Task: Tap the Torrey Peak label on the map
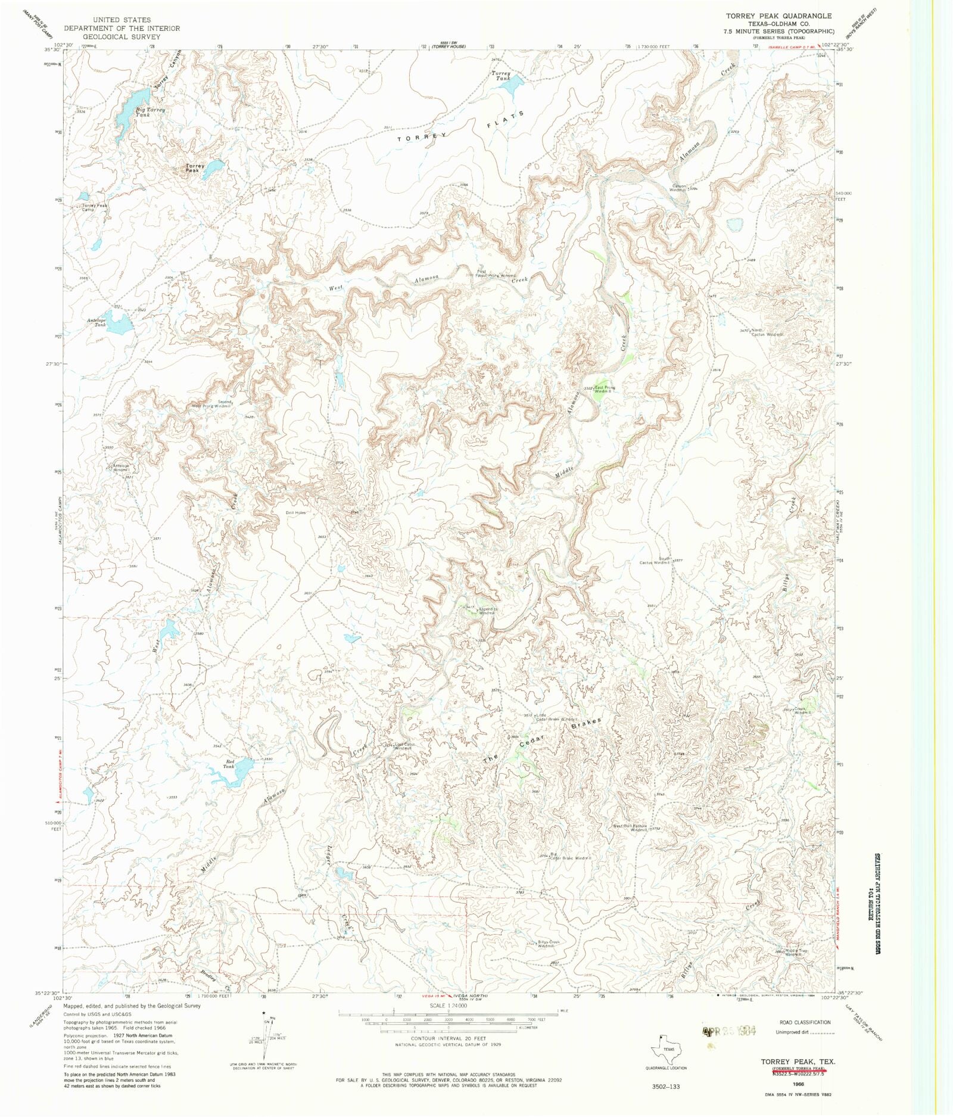pos(195,169)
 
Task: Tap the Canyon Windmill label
pos(680,188)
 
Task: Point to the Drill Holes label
pos(295,512)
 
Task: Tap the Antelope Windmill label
pos(118,468)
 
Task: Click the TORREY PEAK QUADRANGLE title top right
pos(778,15)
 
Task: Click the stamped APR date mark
pos(728,1031)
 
